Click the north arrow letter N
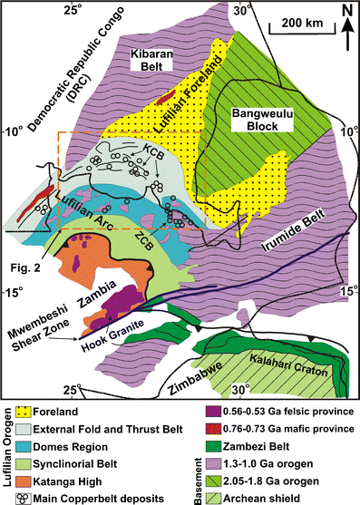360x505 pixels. [x=345, y=10]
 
